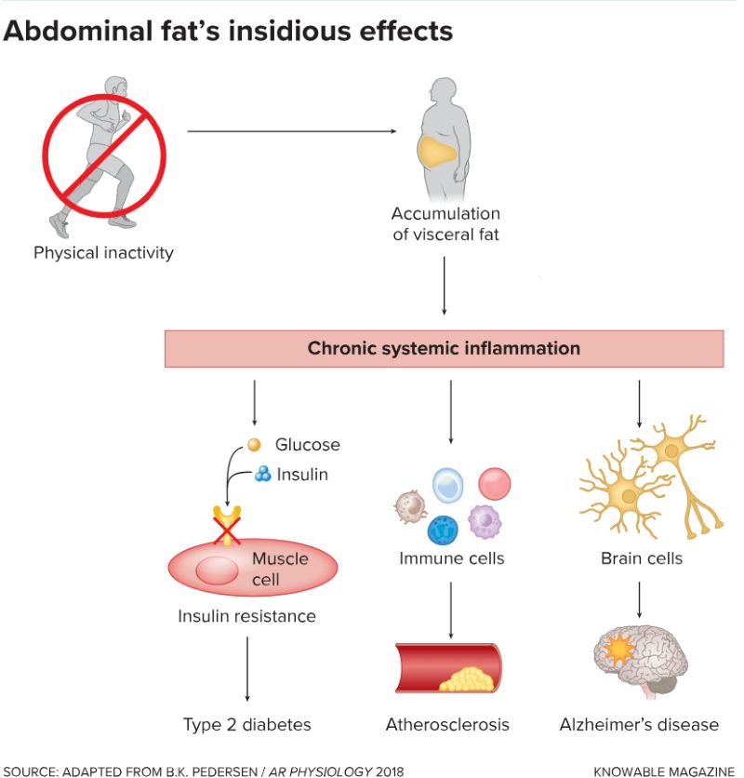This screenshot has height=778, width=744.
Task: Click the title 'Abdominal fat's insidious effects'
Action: point(228,31)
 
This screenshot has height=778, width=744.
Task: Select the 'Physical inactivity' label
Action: point(103,252)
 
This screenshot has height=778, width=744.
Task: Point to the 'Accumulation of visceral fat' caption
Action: point(445,224)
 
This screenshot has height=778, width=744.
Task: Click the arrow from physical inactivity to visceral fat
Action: point(298,131)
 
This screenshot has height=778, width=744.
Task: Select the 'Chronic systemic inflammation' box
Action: point(444,349)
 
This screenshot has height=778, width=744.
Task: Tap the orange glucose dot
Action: point(253,445)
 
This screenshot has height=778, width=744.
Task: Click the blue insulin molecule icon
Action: point(263,475)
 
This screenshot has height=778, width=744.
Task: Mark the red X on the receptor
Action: point(227,532)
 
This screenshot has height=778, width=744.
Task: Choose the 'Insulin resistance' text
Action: point(246,616)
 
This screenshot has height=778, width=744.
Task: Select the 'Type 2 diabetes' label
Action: point(246,724)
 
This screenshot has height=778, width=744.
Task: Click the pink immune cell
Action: point(494,483)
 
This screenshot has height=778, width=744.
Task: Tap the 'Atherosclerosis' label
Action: point(447,724)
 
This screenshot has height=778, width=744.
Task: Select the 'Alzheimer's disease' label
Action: point(639,724)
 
